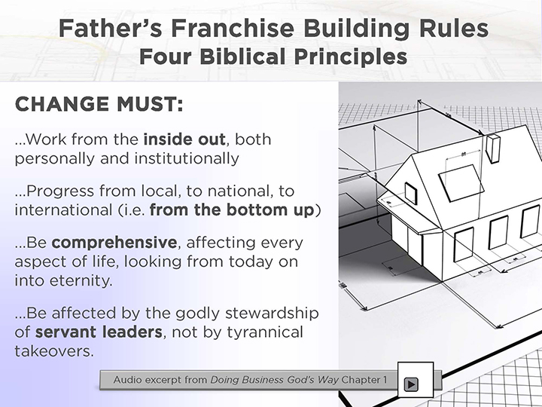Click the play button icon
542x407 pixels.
click(411, 384)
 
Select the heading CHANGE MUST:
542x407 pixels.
click(99, 104)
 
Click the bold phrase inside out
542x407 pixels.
click(184, 139)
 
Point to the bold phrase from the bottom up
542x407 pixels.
click(232, 210)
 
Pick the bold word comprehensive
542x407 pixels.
click(114, 242)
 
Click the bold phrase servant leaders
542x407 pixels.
click(99, 332)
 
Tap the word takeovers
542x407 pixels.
click(54, 351)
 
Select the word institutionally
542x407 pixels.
click(187, 158)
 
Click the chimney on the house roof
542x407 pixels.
click(493, 148)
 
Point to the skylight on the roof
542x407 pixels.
click(461, 183)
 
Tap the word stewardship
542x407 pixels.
click(272, 314)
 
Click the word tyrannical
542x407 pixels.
click(265, 332)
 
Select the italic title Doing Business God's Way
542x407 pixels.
click(275, 380)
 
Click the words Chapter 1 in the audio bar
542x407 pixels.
click(364, 380)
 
